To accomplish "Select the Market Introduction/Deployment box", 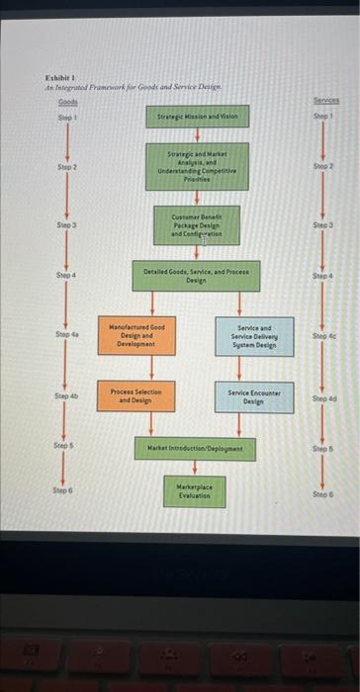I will [x=196, y=447].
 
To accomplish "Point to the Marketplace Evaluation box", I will [x=196, y=489].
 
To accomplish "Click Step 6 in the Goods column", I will [x=65, y=489].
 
